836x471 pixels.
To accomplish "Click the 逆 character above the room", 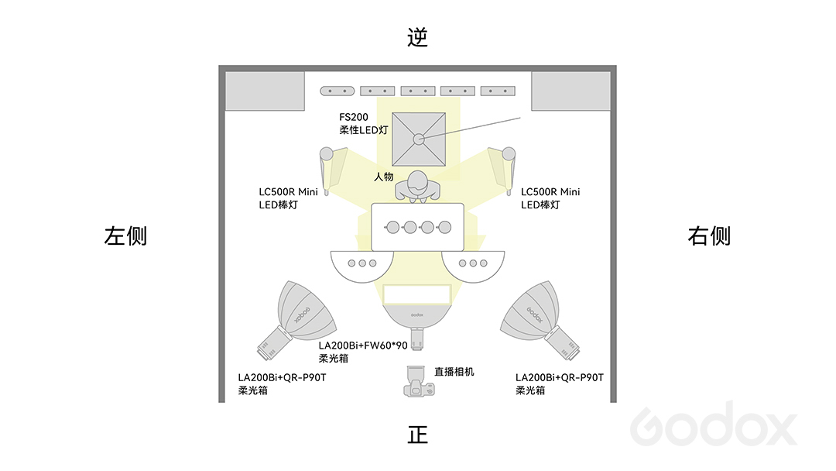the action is tap(417, 37).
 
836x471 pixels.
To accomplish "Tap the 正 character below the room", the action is tap(418, 435).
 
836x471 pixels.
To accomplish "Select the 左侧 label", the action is tap(126, 235).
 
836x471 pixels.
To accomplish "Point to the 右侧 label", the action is tap(709, 235).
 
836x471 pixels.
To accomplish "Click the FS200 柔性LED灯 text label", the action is tap(364, 123).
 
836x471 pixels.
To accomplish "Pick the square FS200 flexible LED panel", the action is tap(419, 139).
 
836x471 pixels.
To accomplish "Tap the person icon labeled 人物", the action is tap(417, 187).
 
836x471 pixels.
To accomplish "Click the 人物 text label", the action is tap(384, 177).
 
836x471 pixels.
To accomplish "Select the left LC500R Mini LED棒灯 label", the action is tap(288, 198).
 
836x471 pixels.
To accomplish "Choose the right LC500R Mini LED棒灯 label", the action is tap(550, 198).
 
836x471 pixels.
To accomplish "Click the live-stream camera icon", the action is tap(419, 381).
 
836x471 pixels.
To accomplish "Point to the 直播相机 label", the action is tap(454, 372).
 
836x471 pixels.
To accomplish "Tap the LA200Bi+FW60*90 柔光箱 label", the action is tap(363, 352).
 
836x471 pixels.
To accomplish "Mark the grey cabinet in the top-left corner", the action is tap(265, 91).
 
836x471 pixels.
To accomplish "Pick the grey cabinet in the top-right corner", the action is tap(571, 91).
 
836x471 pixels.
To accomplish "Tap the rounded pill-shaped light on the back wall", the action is tap(337, 91).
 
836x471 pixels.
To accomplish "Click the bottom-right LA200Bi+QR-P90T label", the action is tap(560, 383).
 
